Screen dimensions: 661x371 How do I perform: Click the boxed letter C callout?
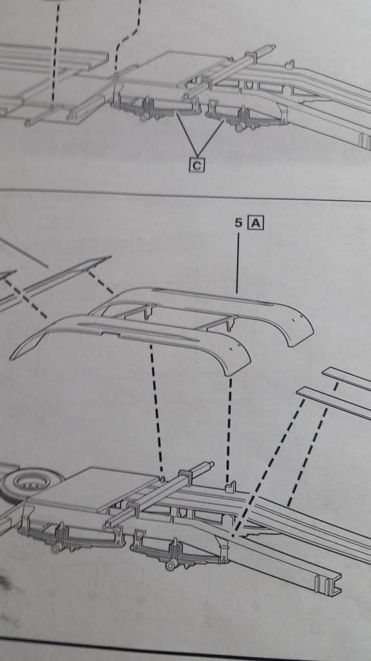[197, 165]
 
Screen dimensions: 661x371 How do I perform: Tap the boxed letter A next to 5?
[255, 223]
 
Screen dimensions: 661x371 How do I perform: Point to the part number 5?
[238, 223]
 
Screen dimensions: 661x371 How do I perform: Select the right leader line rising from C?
[210, 136]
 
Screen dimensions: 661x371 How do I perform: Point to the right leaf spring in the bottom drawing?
[177, 553]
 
